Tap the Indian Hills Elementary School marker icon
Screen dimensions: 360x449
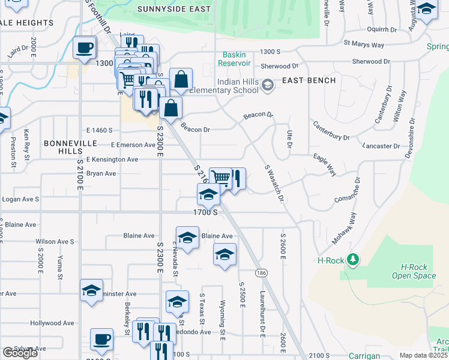coord(267,86)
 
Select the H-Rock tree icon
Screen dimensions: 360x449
coord(355,259)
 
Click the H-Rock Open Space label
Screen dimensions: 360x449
coord(414,271)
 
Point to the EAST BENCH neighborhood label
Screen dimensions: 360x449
coord(305,80)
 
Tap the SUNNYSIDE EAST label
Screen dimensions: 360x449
coord(174,9)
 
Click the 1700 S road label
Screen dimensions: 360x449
coord(205,212)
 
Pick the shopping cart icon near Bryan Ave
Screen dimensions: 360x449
coord(221,178)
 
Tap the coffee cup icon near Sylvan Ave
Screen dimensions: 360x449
coord(101,340)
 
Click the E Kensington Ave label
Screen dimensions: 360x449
coord(112,160)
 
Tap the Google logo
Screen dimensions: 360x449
coord(20,353)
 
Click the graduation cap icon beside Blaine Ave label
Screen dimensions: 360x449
coord(187,238)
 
